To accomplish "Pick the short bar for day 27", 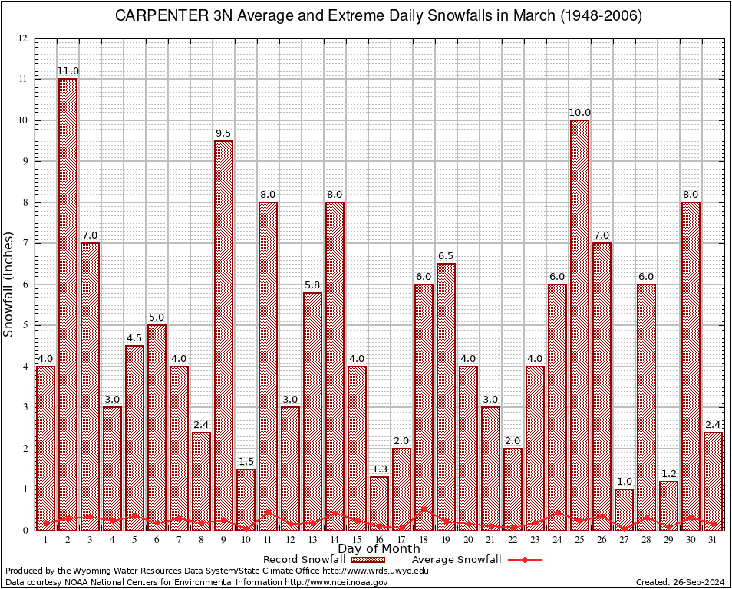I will click(x=624, y=509).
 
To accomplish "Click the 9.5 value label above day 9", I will click(x=223, y=133).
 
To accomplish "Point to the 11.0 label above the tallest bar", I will click(x=68, y=71).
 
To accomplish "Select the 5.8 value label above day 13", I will click(x=312, y=285).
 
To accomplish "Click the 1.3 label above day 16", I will click(x=379, y=469).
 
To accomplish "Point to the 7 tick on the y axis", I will click(x=25, y=243).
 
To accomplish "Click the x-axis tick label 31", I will click(x=713, y=539).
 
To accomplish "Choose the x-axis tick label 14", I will click(x=335, y=539).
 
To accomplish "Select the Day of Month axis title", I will click(x=378, y=549).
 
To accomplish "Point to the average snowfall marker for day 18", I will click(x=424, y=508).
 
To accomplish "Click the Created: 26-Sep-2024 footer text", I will click(x=680, y=583).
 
